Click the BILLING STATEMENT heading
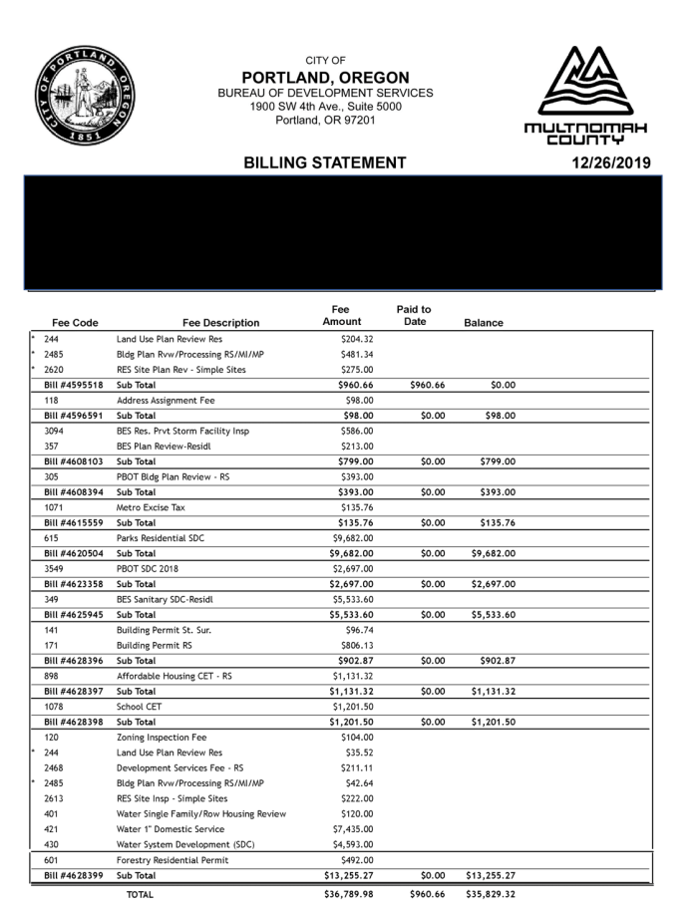coord(324,162)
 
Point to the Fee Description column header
coord(221,323)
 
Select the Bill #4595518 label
coord(74,385)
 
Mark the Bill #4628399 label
coord(74,876)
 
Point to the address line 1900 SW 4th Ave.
coord(326,107)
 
